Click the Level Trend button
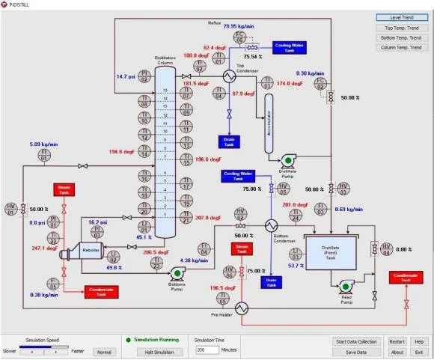pyautogui.click(x=402, y=17)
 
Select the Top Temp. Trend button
pyautogui.click(x=402, y=28)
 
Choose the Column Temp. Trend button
pyautogui.click(x=402, y=47)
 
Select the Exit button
pyautogui.click(x=419, y=352)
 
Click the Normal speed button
pyautogui.click(x=104, y=351)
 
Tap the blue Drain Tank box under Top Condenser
pyautogui.click(x=229, y=140)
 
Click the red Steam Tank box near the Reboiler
pyautogui.click(x=61, y=191)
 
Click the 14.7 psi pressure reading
pyautogui.click(x=125, y=76)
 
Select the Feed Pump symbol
pyautogui.click(x=345, y=285)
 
